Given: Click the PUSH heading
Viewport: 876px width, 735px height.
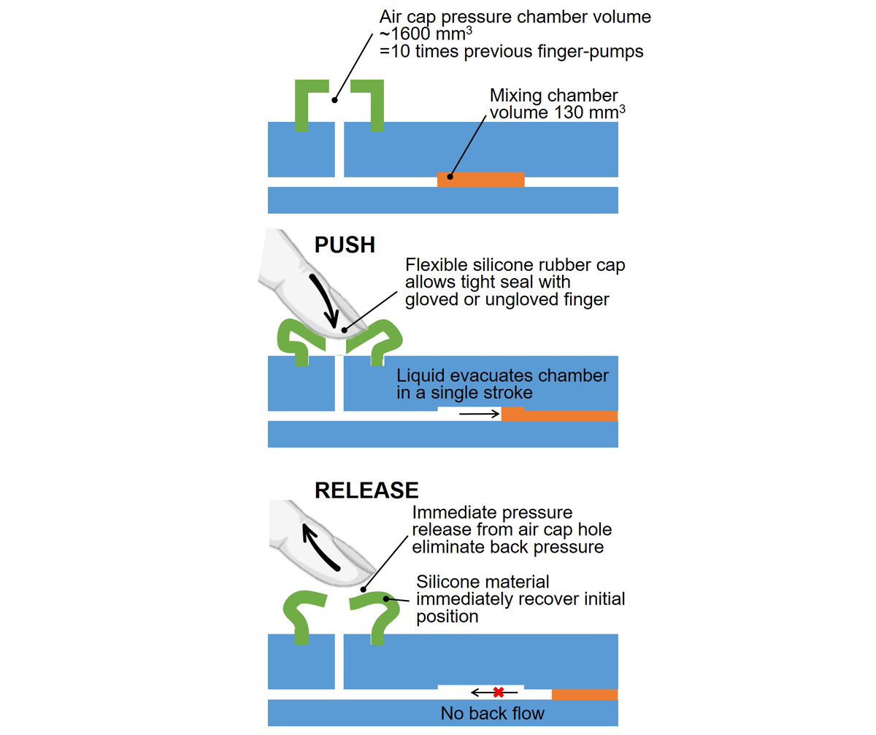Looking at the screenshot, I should click(x=345, y=245).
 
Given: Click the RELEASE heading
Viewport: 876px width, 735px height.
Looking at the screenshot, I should click(x=366, y=490).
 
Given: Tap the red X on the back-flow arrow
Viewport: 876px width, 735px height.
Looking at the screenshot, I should click(x=499, y=692).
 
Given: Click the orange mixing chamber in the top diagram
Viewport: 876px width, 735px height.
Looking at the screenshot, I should click(x=480, y=180).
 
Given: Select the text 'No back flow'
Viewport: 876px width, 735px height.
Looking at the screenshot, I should click(x=492, y=713).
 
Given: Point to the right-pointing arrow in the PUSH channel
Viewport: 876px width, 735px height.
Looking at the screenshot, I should click(x=478, y=414).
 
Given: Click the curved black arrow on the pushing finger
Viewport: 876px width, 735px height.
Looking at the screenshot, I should click(x=323, y=299).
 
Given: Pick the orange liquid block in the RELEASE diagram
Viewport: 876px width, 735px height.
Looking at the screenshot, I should click(x=584, y=694).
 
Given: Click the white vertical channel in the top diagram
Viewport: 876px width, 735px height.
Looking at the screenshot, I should click(x=339, y=150).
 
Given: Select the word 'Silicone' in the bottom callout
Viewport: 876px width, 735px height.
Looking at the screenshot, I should click(x=445, y=582).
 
